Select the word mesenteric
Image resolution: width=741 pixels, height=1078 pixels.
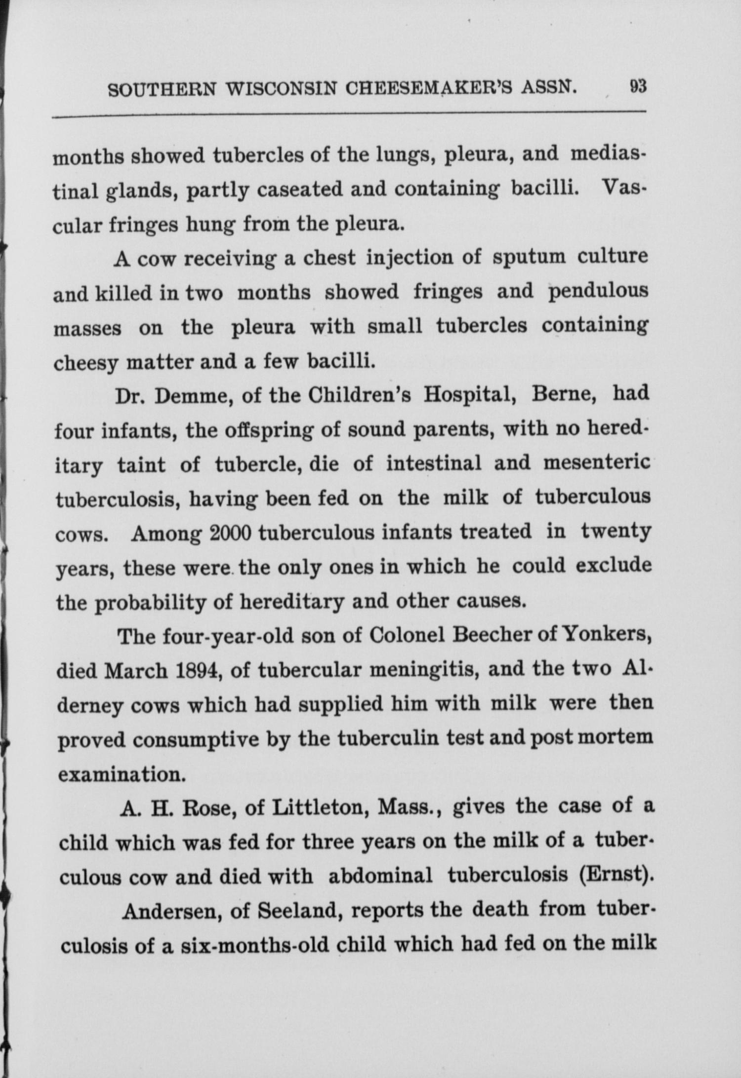(x=597, y=463)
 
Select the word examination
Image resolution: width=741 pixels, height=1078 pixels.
(x=122, y=774)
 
